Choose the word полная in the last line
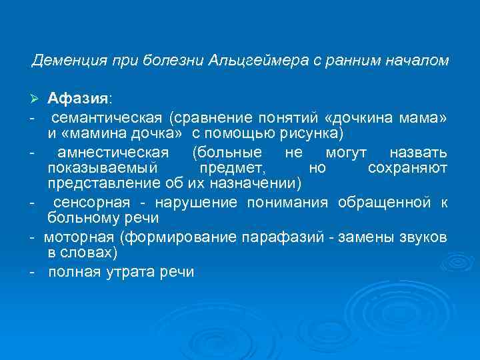point(75,272)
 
